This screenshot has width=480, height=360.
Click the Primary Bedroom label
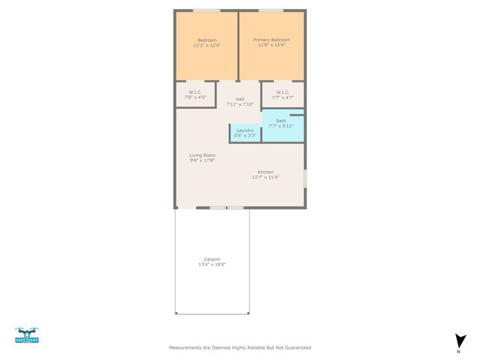pyautogui.click(x=271, y=40)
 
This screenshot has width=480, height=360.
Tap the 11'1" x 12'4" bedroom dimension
pyautogui.click(x=207, y=46)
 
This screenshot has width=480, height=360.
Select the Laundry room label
pyautogui.click(x=245, y=130)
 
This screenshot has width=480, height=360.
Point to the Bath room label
pyautogui.click(x=280, y=121)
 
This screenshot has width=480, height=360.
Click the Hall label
pyautogui.click(x=240, y=99)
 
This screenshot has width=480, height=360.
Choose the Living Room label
pyautogui.click(x=202, y=154)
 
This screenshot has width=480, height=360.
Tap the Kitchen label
pyautogui.click(x=266, y=172)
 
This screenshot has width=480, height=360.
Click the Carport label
pyautogui.click(x=212, y=259)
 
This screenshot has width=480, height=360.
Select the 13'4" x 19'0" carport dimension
pyautogui.click(x=212, y=265)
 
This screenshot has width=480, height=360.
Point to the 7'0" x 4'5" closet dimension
pyautogui.click(x=196, y=97)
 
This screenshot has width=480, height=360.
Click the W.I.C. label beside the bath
pyautogui.click(x=283, y=92)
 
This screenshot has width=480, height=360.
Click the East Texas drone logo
pyautogui.click(x=27, y=335)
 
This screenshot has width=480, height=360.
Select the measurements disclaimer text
pyautogui.click(x=239, y=348)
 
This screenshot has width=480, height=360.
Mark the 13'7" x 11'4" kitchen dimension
pyautogui.click(x=265, y=177)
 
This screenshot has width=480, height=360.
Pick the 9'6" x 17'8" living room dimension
pyautogui.click(x=202, y=160)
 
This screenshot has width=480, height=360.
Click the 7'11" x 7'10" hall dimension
pyautogui.click(x=240, y=104)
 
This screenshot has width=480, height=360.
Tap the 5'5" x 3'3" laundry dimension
pyautogui.click(x=245, y=136)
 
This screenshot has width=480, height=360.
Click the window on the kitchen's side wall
pyautogui.click(x=305, y=178)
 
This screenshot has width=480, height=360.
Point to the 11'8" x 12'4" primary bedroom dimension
pyautogui.click(x=271, y=46)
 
